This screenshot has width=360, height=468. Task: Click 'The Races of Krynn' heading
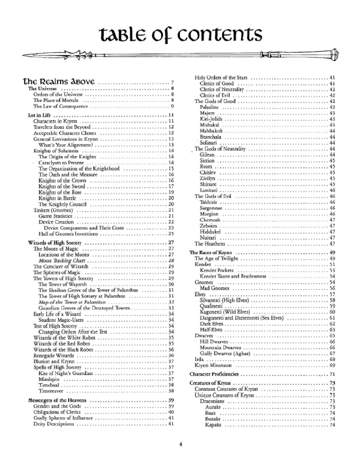pos(213,253)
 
